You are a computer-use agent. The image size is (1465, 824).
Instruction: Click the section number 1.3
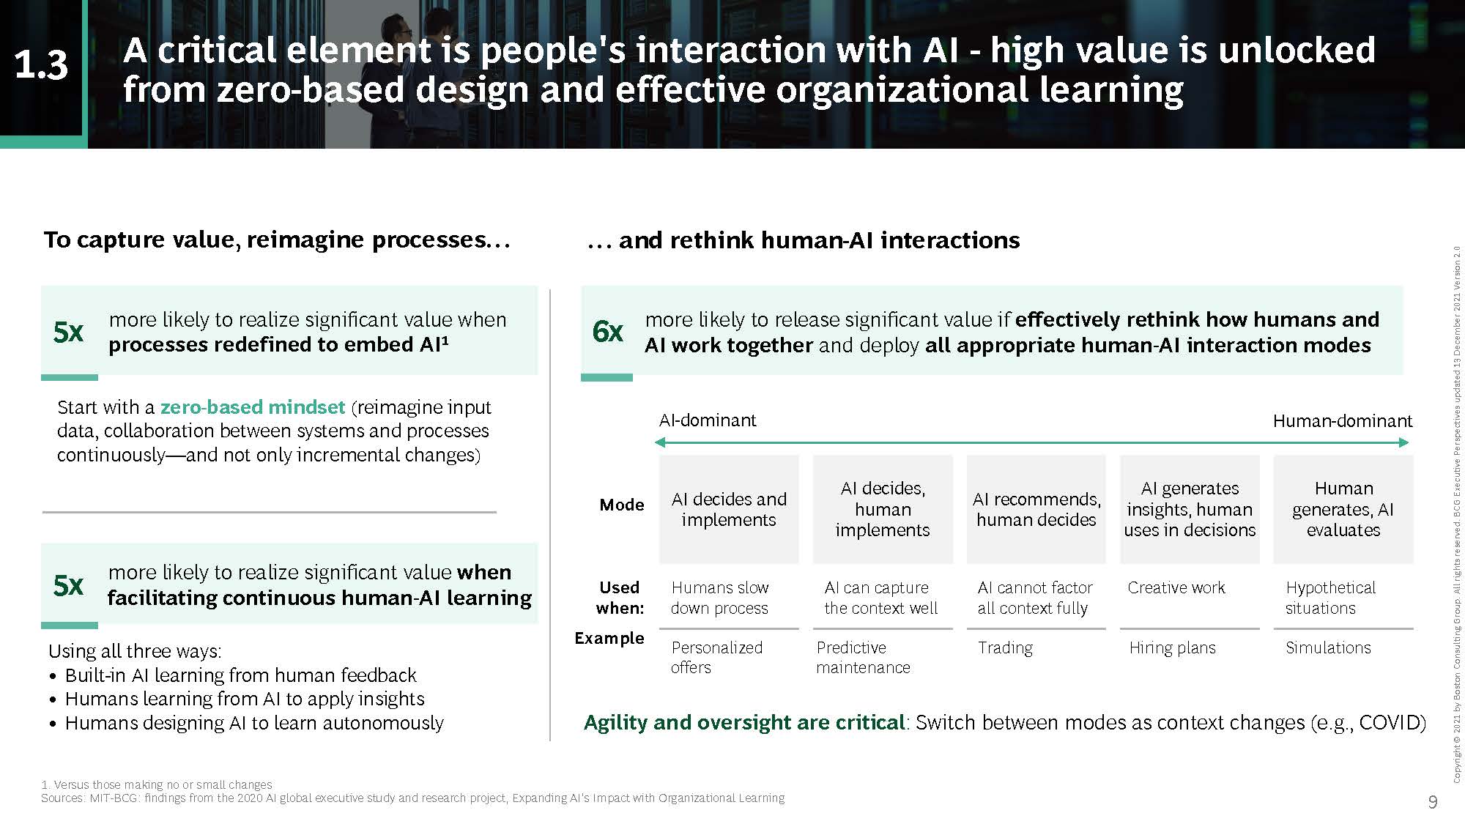[x=41, y=65]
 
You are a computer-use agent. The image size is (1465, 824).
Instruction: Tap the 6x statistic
[x=607, y=331]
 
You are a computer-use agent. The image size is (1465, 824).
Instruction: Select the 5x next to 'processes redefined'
[x=68, y=332]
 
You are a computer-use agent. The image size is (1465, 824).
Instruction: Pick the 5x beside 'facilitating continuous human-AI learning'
[x=68, y=585]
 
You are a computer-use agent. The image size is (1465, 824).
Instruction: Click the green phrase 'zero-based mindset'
[x=253, y=407]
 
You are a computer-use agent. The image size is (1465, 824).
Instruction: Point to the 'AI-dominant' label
[x=708, y=420]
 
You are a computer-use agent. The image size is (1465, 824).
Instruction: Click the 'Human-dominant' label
[x=1343, y=421]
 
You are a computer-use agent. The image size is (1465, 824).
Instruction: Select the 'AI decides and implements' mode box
[x=729, y=509]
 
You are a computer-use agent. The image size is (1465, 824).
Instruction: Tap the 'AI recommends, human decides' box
[x=1036, y=509]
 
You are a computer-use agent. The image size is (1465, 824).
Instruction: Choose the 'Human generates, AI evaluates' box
[x=1343, y=509]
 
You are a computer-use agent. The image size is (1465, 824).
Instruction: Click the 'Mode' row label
[x=622, y=505]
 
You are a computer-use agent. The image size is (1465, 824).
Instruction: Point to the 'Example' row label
[x=609, y=638]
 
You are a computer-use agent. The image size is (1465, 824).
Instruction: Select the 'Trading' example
[x=1005, y=647]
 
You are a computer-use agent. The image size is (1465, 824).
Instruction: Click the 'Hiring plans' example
[x=1172, y=647]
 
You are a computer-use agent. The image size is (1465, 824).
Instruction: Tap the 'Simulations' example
[x=1328, y=647]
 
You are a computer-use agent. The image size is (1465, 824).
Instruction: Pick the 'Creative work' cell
[x=1176, y=587]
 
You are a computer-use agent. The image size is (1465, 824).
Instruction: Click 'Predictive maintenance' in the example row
[x=863, y=657]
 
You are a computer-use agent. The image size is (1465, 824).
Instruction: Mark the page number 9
[x=1433, y=802]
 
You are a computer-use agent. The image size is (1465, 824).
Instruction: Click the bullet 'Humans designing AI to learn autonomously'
[x=254, y=723]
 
